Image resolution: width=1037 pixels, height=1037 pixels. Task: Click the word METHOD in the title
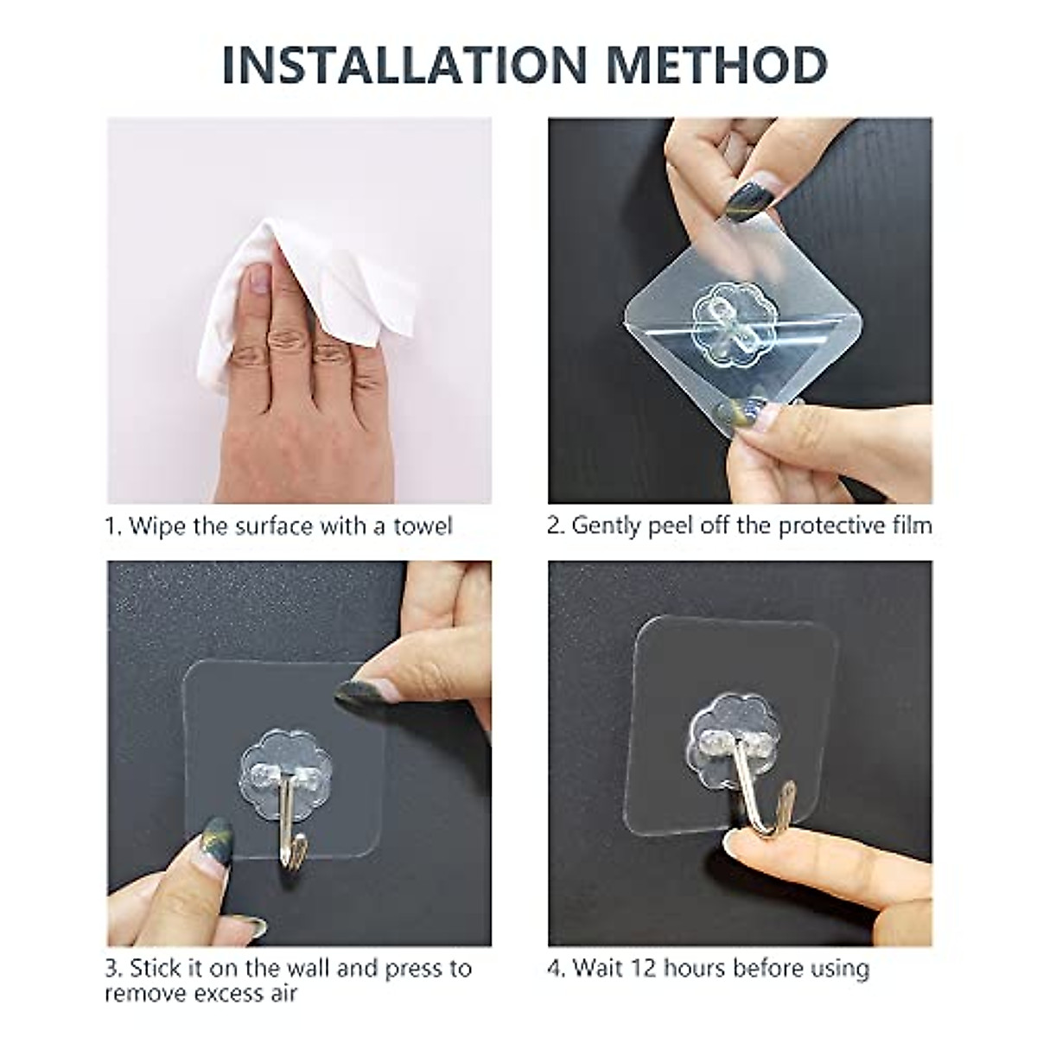point(716,66)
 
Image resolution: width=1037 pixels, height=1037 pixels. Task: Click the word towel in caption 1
point(423,526)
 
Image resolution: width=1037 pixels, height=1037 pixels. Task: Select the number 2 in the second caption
point(554,526)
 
